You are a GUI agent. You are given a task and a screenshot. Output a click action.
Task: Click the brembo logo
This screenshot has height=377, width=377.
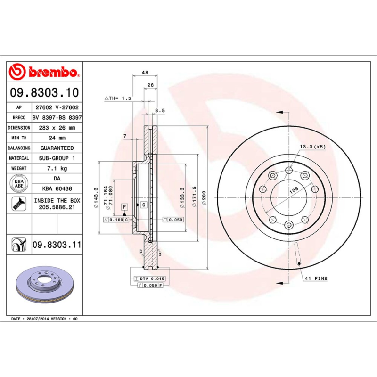point(44,72)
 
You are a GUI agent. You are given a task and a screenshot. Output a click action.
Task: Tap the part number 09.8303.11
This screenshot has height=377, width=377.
point(57,245)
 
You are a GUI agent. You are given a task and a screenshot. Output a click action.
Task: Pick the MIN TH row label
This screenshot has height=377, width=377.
point(19,138)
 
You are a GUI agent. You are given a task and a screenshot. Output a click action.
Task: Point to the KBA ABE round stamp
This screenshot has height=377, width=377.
point(19,183)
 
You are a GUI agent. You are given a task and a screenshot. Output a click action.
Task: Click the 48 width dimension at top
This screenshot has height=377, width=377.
point(145,73)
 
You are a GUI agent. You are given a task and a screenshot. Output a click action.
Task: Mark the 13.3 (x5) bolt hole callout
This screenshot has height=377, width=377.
point(312,147)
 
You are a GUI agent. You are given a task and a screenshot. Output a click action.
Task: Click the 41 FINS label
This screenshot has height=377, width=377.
point(316,279)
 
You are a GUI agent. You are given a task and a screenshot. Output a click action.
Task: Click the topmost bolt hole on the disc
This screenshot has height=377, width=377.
point(288,170)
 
